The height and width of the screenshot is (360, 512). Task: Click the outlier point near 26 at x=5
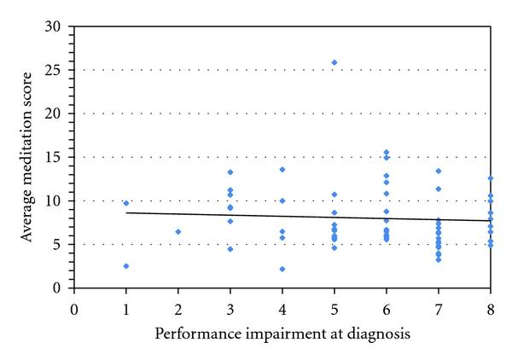(x=335, y=62)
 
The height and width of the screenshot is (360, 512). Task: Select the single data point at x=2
(x=178, y=231)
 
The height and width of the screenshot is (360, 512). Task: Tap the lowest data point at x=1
(x=126, y=266)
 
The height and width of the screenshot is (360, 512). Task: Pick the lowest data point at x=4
(x=282, y=269)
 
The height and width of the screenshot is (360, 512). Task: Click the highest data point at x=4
(x=282, y=169)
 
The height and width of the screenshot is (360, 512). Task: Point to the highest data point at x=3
(x=230, y=172)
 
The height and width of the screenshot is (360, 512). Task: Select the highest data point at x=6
(x=387, y=153)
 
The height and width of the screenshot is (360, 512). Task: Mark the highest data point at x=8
(x=491, y=178)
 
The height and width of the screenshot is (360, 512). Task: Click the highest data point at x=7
(x=439, y=171)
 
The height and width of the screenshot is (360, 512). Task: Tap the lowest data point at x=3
(x=230, y=249)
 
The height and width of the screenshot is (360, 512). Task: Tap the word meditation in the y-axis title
(x=29, y=166)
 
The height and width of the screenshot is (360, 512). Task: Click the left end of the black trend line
(x=126, y=212)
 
